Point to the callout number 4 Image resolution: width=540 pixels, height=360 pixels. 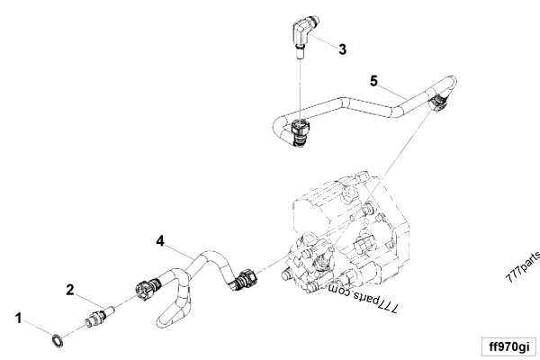pyautogui.click(x=160, y=241)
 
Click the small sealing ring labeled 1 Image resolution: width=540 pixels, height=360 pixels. pyautogui.click(x=55, y=338)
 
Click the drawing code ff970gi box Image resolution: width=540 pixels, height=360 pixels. pyautogui.click(x=506, y=346)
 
